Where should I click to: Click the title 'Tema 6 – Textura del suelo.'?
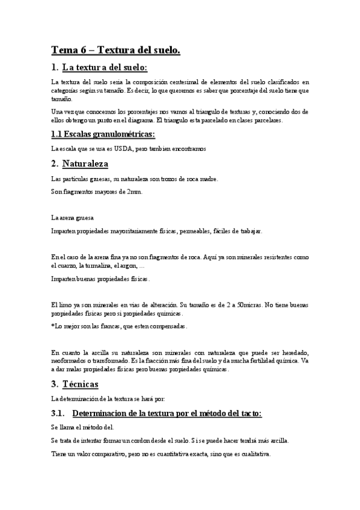click(115, 51)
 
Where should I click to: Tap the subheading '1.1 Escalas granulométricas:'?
click(103, 134)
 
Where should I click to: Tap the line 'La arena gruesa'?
click(72, 217)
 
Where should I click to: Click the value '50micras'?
click(251, 304)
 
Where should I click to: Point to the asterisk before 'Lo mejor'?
click(53, 327)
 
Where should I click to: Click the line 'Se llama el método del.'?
click(82, 427)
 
